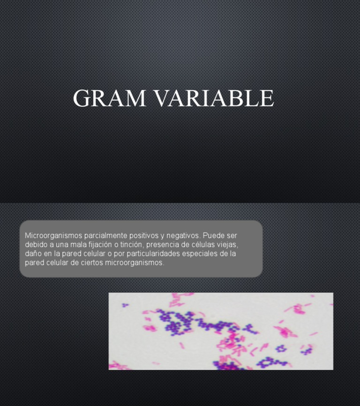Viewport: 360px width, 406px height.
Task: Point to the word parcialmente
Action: [104, 235]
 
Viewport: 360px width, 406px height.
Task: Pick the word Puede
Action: [214, 235]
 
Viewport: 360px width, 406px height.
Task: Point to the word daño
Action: [33, 254]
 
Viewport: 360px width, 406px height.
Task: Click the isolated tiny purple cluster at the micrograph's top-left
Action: [125, 305]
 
